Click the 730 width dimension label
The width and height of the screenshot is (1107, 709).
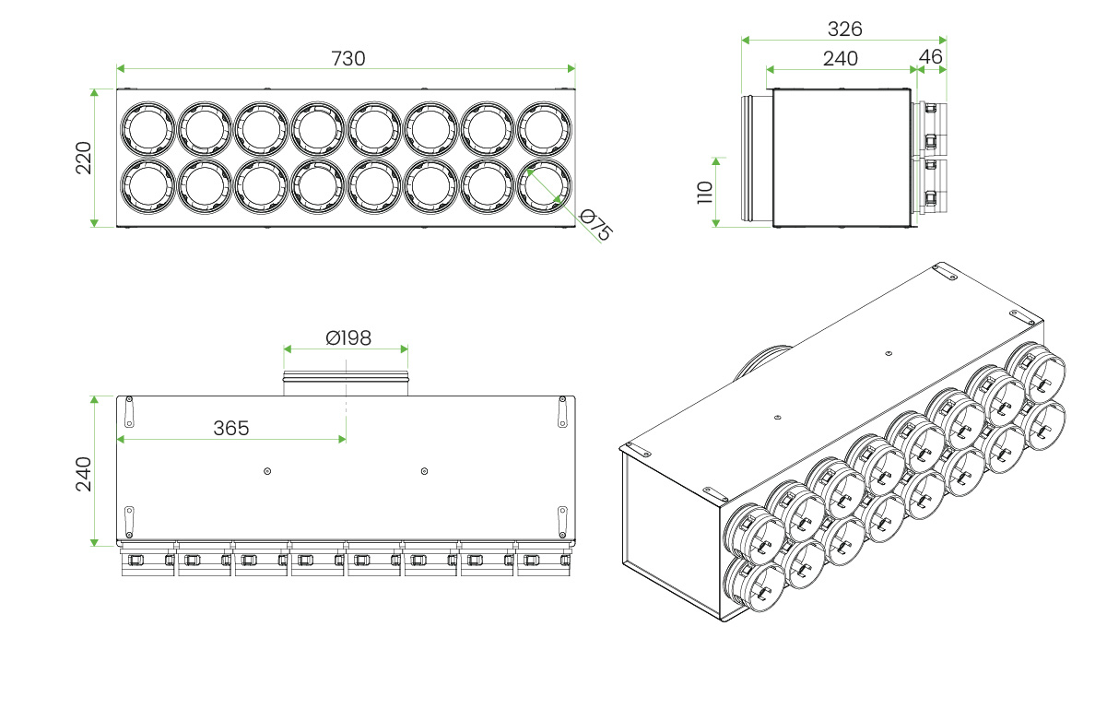point(347,58)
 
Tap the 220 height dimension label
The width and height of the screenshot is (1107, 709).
point(84,158)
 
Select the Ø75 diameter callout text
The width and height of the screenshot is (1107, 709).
point(595,225)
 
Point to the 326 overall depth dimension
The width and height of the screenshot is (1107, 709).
point(844,30)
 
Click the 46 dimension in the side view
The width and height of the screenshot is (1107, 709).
point(931,57)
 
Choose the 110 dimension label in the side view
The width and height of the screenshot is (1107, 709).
point(705,193)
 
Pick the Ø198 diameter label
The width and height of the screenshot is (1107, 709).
point(347,338)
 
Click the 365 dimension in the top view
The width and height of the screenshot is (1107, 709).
point(230,428)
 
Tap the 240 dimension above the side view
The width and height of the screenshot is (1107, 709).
point(840,59)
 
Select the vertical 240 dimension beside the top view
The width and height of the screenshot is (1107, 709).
point(84,474)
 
